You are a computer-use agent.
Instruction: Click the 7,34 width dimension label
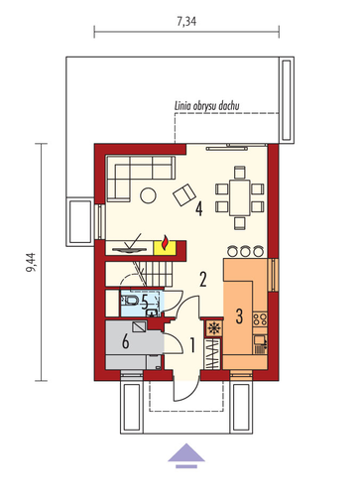point(186,21)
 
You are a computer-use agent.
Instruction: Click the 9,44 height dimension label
point(31,262)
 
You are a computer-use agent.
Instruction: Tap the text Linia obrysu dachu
point(206,106)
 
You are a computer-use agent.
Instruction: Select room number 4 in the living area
point(198,209)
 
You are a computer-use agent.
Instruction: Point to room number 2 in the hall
point(203,279)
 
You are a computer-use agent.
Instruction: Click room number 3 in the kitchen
point(239,315)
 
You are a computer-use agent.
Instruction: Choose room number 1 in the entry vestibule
point(192,345)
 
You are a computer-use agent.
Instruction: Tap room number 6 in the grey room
point(125,341)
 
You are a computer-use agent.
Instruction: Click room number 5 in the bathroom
point(145,302)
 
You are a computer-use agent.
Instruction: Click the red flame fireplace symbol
point(165,243)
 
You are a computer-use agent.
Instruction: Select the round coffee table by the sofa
point(148,195)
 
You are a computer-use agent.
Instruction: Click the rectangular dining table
point(240,197)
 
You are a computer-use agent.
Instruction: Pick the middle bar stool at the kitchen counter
point(245,251)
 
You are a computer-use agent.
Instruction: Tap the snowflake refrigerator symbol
point(214,327)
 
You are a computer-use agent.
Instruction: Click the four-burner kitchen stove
point(260,319)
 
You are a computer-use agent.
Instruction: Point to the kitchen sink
point(260,343)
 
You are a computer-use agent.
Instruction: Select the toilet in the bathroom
point(132,301)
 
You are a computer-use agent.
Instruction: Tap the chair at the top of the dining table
point(240,173)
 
